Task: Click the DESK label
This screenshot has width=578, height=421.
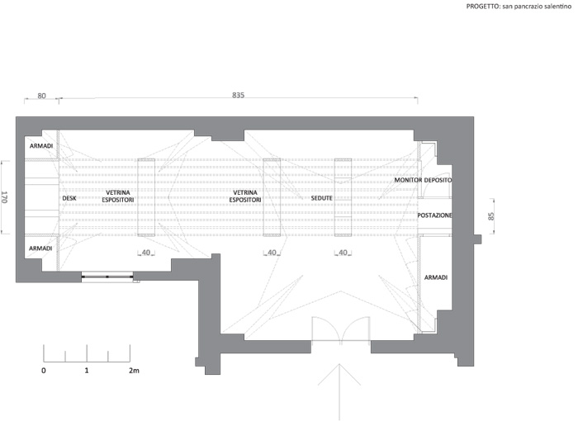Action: [69, 198]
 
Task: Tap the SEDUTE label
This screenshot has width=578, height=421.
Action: [321, 198]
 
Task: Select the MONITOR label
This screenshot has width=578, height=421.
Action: [408, 180]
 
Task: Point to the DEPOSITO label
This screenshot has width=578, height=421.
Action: [438, 180]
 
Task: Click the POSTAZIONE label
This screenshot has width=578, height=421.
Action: [434, 215]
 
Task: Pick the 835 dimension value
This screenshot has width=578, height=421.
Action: [238, 95]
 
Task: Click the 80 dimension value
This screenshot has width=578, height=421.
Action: [41, 96]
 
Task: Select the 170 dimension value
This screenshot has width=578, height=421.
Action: [5, 197]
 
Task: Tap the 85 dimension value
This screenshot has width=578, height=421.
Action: [490, 216]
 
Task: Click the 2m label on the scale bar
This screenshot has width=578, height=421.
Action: [134, 371]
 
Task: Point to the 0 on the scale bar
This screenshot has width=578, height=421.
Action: [44, 371]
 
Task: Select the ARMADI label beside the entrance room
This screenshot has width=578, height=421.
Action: [436, 277]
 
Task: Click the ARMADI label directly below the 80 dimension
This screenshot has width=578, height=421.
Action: [41, 146]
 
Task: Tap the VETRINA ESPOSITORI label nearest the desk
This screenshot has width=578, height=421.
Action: [117, 196]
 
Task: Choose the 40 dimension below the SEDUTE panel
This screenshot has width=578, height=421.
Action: [343, 253]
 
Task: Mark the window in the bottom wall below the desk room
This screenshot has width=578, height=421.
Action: [107, 277]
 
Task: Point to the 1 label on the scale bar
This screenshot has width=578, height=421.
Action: [87, 371]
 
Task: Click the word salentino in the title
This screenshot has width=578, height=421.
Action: [560, 7]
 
